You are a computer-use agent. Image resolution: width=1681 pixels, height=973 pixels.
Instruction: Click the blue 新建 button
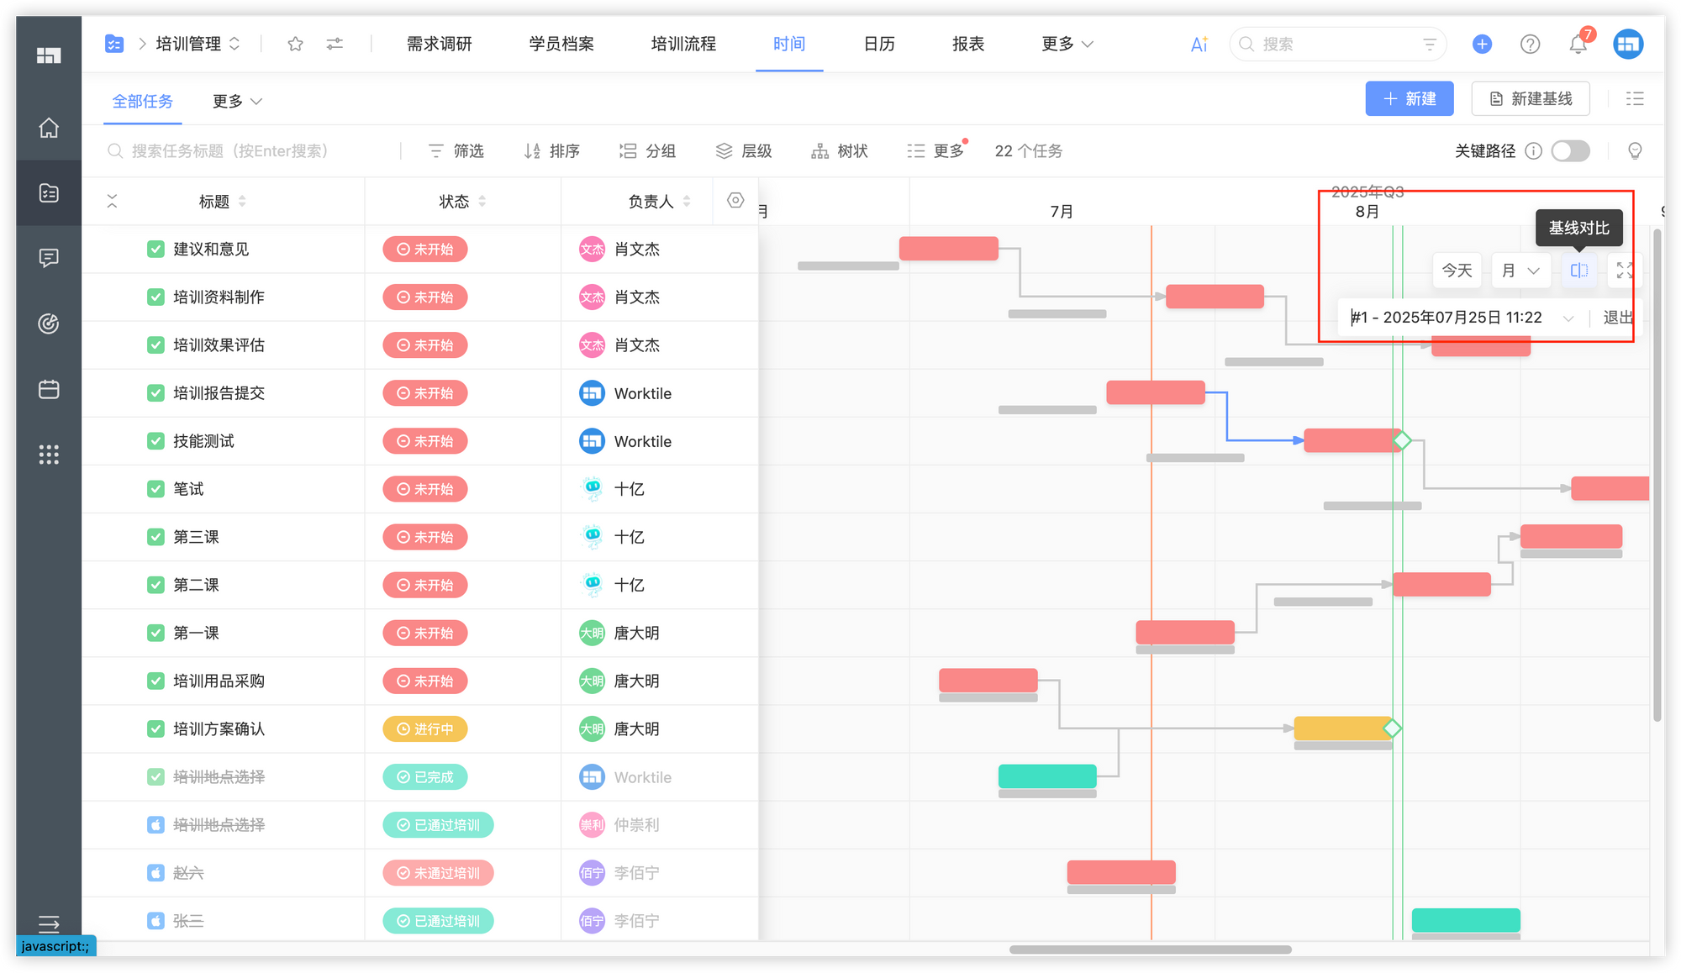click(x=1409, y=99)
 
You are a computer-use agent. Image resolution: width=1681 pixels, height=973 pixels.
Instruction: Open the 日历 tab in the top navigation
click(x=879, y=44)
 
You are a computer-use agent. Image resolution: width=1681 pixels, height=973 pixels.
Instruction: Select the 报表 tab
click(x=968, y=44)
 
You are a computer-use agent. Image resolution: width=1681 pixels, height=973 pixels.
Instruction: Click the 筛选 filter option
click(x=456, y=151)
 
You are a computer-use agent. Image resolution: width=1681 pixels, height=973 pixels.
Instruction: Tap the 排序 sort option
click(x=552, y=151)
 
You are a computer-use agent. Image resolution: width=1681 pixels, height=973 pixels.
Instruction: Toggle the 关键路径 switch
click(x=1570, y=151)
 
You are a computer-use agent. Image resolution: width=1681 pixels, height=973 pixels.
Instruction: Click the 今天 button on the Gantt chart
click(x=1457, y=271)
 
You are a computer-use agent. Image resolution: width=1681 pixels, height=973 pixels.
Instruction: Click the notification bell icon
click(x=1578, y=45)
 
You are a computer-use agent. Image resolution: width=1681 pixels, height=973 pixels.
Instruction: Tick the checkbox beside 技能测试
click(x=155, y=441)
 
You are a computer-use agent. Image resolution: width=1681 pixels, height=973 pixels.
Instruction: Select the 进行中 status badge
click(x=425, y=729)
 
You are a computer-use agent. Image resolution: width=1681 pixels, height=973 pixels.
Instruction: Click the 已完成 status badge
click(x=425, y=777)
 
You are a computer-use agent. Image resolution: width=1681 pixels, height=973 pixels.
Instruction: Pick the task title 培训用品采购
click(x=219, y=681)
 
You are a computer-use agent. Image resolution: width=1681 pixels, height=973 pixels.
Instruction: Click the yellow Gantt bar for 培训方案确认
click(x=1342, y=728)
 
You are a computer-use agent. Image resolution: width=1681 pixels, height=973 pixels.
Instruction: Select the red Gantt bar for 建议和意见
click(x=949, y=249)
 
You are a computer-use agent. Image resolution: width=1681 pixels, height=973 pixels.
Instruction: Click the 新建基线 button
click(x=1531, y=99)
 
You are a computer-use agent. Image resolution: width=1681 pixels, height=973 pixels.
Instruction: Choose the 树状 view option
click(x=840, y=151)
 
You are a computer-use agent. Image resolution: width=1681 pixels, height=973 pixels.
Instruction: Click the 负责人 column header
click(x=651, y=202)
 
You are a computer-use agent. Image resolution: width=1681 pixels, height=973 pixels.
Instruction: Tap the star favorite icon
click(x=295, y=44)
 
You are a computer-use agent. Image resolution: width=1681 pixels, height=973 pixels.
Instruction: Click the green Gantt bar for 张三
click(x=1466, y=920)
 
